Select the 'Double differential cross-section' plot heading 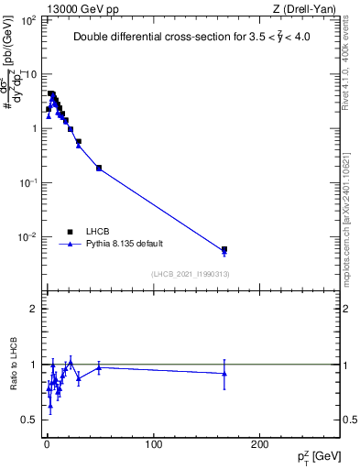tap(202, 38)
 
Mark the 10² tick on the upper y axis tap(30, 19)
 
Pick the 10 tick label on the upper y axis tap(30, 73)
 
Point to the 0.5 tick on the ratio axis tap(29, 420)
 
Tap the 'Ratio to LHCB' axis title tap(12, 365)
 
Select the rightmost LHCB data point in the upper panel tap(224, 249)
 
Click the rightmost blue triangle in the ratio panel tap(224, 373)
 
